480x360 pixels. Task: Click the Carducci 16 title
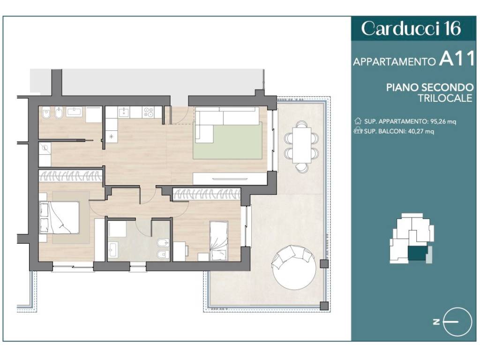(411, 29)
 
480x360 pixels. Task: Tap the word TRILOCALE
(445, 98)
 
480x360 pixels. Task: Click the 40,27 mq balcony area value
(421, 131)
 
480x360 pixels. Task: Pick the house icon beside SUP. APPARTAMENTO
(358, 121)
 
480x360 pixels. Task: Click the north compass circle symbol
(457, 322)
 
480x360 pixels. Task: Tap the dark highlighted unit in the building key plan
(418, 254)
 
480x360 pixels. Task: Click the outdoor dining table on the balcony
(302, 145)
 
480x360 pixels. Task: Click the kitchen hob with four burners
(149, 112)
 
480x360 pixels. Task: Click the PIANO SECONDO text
(429, 87)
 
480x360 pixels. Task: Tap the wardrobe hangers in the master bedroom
(70, 176)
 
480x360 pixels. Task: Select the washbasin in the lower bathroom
(113, 249)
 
